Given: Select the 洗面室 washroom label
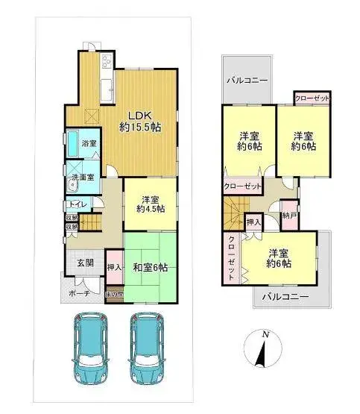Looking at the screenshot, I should (x=82, y=177).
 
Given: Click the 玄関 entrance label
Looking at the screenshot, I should (x=84, y=263).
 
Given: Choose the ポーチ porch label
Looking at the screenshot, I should (x=79, y=293).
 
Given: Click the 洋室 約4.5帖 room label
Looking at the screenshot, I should (x=149, y=204).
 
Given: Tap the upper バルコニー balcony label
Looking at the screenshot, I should (x=247, y=78).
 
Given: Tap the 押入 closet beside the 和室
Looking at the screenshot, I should (x=114, y=266).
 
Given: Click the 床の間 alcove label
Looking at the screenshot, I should (x=114, y=294).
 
